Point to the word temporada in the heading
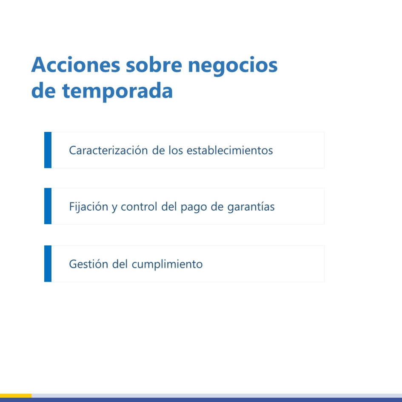[x=117, y=91]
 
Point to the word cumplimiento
[x=167, y=265]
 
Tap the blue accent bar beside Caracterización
[x=48, y=150]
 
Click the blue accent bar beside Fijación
[x=48, y=206]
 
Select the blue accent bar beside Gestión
[x=48, y=264]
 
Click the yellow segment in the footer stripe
[x=16, y=396]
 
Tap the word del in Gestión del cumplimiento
[x=120, y=264]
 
